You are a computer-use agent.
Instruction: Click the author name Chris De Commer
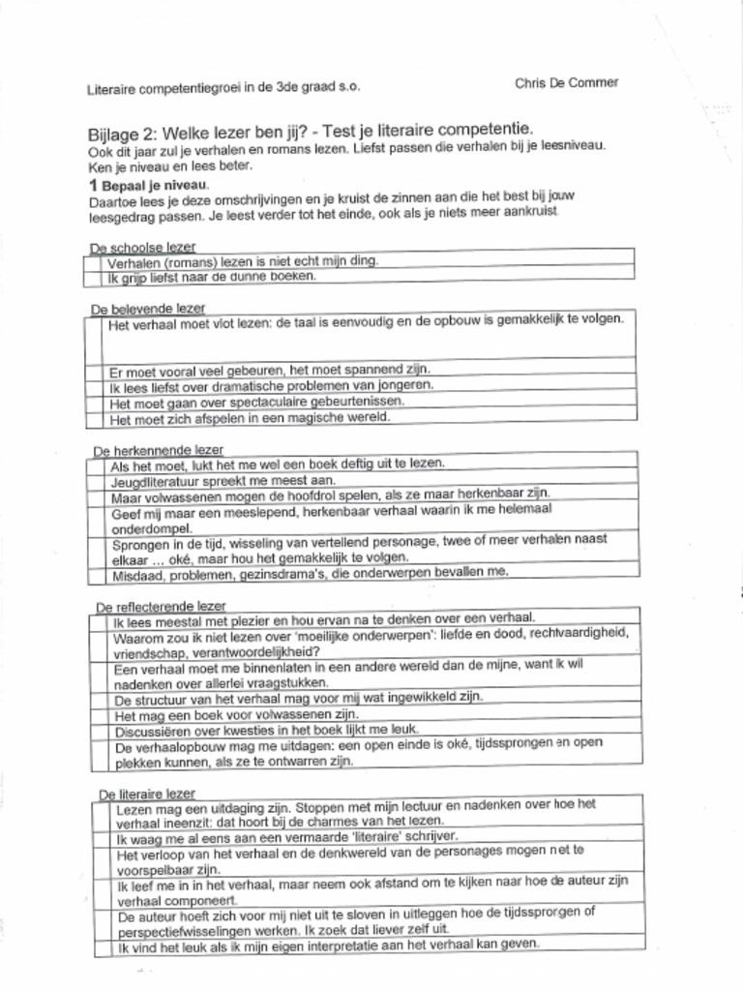pos(566,82)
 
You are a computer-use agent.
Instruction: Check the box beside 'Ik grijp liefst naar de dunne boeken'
pos(95,277)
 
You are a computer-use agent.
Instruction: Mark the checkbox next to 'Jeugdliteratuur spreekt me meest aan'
pos(97,480)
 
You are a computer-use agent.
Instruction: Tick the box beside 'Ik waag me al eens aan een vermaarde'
pos(103,836)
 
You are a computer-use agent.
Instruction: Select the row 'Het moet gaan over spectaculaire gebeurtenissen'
pos(256,402)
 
